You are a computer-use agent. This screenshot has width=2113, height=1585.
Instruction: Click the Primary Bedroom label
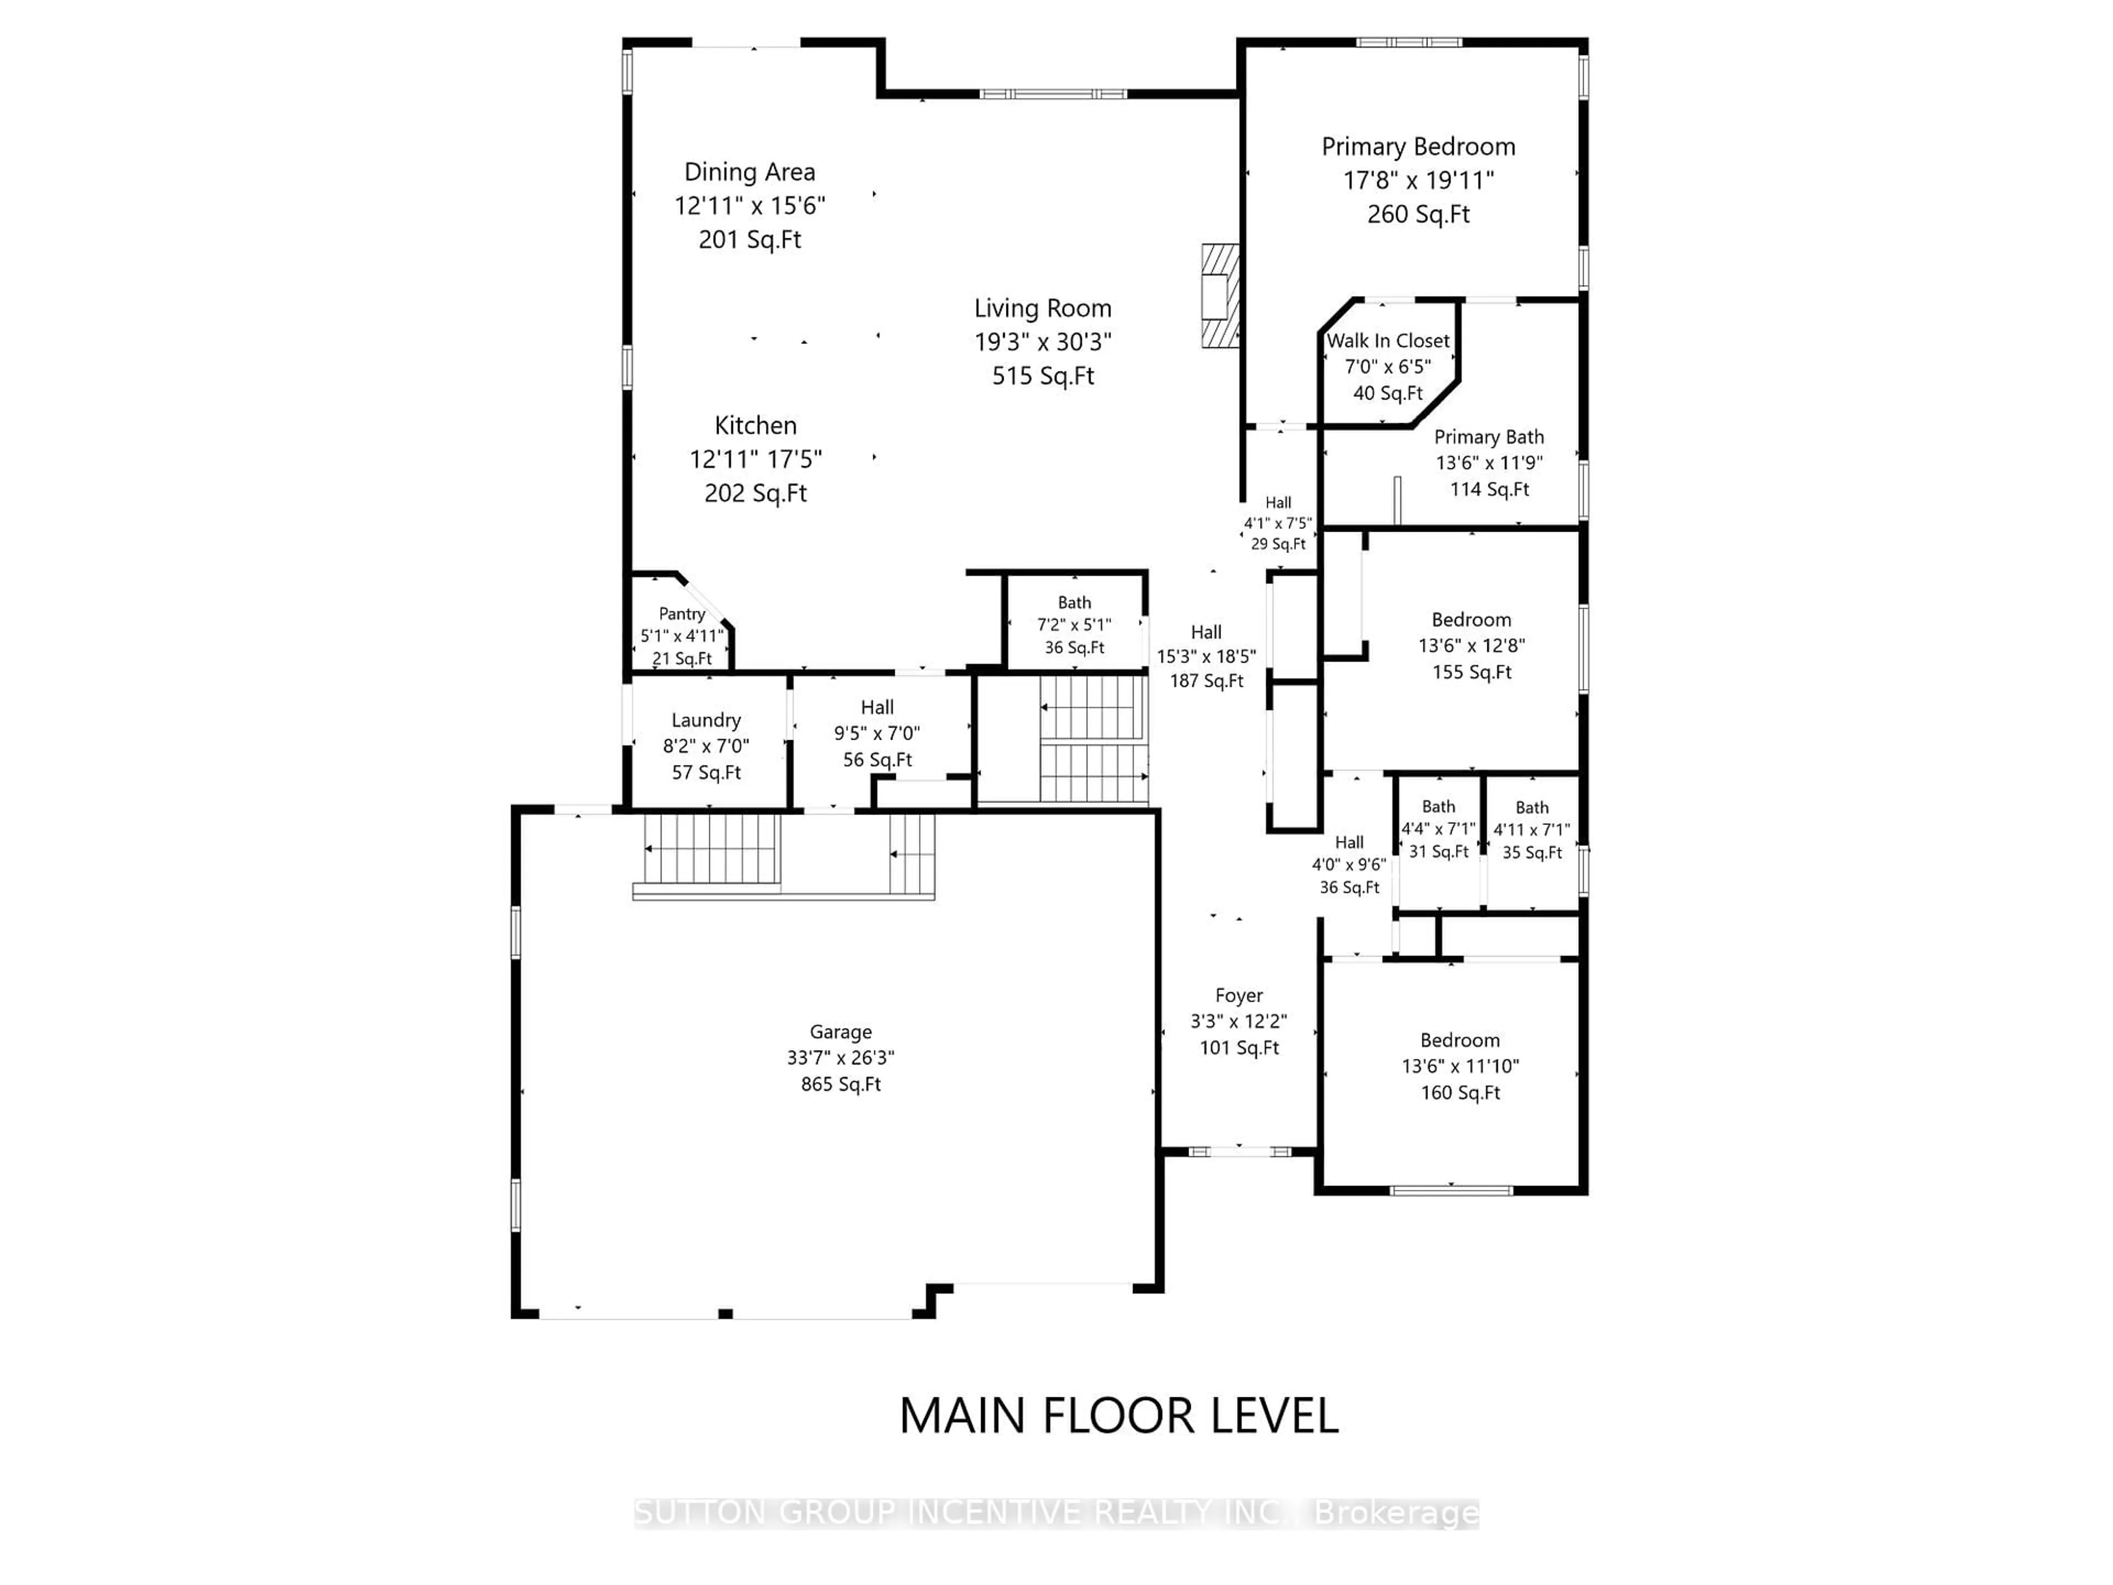pyautogui.click(x=1417, y=147)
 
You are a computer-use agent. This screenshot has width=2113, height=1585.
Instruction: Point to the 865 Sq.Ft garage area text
pyautogui.click(x=841, y=1084)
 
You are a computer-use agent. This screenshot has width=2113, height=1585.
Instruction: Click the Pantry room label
pyautogui.click(x=682, y=614)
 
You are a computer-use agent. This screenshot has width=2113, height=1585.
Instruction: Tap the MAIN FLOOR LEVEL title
pyautogui.click(x=1119, y=1416)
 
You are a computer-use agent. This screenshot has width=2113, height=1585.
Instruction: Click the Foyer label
pyautogui.click(x=1239, y=996)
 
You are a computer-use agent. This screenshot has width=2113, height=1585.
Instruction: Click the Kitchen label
pyautogui.click(x=756, y=426)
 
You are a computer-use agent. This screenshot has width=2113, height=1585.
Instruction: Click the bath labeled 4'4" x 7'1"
pyautogui.click(x=1438, y=828)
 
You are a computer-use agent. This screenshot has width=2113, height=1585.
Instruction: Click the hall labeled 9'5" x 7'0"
pyautogui.click(x=877, y=733)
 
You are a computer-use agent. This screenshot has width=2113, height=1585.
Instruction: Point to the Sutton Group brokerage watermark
pyautogui.click(x=1055, y=1513)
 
